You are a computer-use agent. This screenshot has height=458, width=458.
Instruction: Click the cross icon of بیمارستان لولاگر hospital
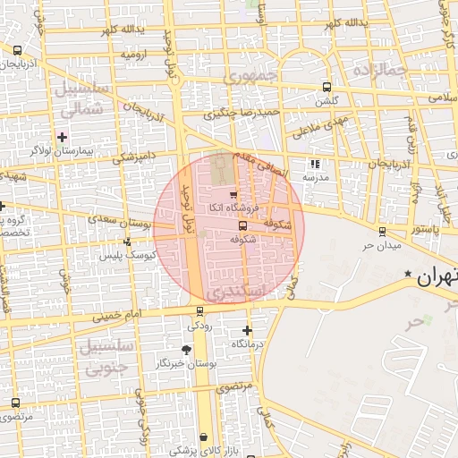click(x=62, y=137)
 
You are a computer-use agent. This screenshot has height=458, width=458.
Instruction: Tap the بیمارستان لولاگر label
click(x=61, y=151)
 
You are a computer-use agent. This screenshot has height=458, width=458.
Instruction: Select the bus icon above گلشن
click(x=327, y=88)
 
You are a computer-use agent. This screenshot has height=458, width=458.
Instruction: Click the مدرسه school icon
click(x=314, y=164)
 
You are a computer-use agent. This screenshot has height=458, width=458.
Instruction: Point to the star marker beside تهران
click(x=409, y=273)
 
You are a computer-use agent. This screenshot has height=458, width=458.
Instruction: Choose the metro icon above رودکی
click(x=199, y=312)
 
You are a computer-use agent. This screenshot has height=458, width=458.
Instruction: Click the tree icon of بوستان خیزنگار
click(x=186, y=349)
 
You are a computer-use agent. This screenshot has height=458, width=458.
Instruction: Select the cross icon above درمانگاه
click(x=247, y=330)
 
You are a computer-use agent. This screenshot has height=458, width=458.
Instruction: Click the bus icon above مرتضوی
click(x=15, y=403)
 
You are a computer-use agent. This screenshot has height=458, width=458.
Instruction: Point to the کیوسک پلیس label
click(x=154, y=255)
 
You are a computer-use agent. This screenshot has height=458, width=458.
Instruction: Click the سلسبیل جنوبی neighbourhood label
click(x=106, y=354)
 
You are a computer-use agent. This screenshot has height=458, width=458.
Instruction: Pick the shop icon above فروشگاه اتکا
click(x=233, y=194)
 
